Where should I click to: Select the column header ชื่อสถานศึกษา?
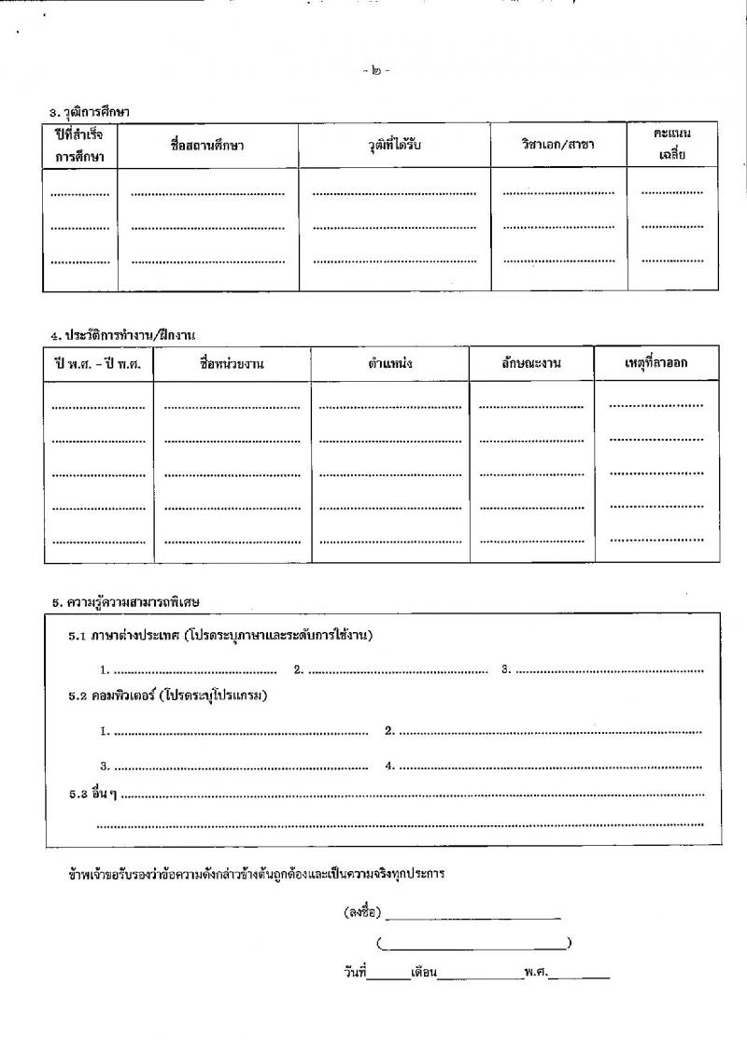click(x=208, y=146)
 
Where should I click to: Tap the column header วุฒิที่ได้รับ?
click(x=395, y=146)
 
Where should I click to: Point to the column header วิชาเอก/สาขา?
click(x=558, y=146)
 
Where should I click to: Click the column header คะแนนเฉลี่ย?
click(x=672, y=145)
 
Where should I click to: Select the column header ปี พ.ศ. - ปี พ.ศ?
click(x=98, y=363)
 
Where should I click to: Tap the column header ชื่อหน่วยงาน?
click(x=232, y=363)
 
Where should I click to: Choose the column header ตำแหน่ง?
click(x=390, y=363)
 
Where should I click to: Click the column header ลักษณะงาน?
click(x=530, y=363)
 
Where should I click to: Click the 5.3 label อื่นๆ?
click(x=91, y=795)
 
